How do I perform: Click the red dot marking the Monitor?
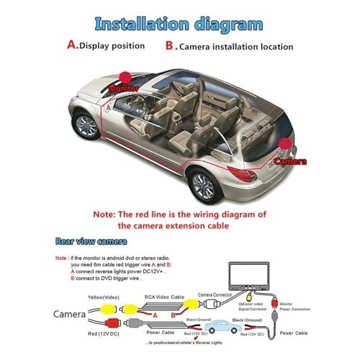(125, 76)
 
